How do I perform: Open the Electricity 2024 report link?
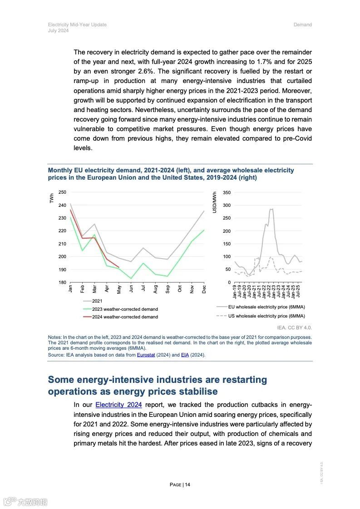click(118, 405)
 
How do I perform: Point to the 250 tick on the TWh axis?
click(62, 192)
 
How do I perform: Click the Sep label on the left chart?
click(168, 289)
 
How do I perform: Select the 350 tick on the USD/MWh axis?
click(227, 193)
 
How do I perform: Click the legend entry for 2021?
click(97, 301)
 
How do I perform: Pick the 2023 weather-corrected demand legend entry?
click(125, 309)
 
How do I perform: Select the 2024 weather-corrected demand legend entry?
click(125, 317)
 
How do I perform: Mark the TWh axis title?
click(52, 198)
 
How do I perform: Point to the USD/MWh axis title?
click(215, 202)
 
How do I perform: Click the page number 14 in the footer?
click(187, 485)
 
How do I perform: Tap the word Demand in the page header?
click(302, 24)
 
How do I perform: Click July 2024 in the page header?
click(58, 31)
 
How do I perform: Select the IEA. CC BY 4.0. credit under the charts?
click(294, 327)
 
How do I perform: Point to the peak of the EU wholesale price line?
click(271, 209)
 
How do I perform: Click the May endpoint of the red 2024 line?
click(118, 267)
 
